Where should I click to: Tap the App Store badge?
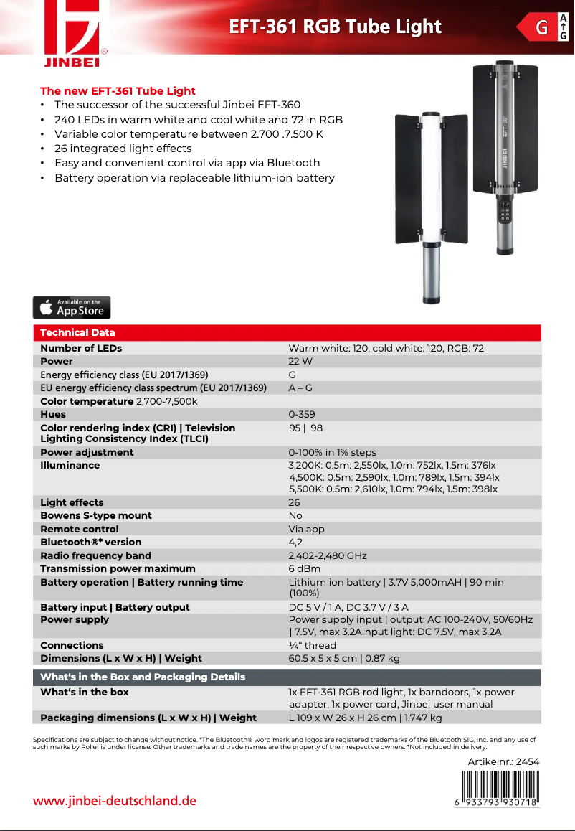pos(72,307)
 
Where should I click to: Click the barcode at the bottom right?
pos(500,789)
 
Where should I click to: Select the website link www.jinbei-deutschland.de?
pos(115,801)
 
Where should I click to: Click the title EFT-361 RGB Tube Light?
pos(335,27)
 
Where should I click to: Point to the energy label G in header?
pos(543,28)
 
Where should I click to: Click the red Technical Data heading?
pos(77,332)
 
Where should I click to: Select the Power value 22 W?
pos(300,362)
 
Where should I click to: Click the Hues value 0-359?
pos(301,415)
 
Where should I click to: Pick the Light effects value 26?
pos(294,503)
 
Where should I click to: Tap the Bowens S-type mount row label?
pos(96,516)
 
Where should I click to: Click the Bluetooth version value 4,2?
pos(295,543)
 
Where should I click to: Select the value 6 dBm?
pos(304,569)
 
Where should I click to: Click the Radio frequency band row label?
pos(96,555)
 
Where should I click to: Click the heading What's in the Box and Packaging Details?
pos(143,677)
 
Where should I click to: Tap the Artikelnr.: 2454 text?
pos(503,761)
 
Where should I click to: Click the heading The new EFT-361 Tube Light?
pos(118,91)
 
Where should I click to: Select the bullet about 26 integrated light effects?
pos(123,149)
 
